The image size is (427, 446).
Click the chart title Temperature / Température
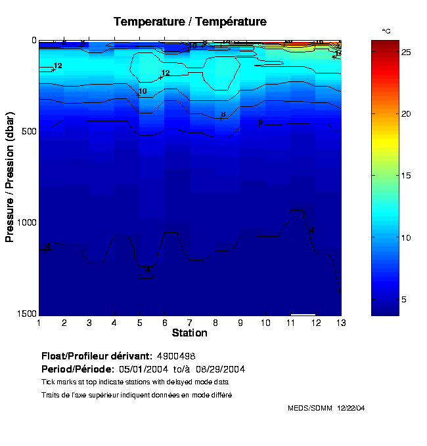click(190, 22)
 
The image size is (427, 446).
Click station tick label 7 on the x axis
click(190, 323)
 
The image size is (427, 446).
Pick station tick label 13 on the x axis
click(340, 323)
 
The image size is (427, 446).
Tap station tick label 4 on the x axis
click(114, 323)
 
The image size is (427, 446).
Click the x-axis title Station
click(189, 333)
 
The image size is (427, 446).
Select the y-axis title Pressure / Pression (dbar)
click(10, 176)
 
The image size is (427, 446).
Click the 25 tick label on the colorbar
click(406, 51)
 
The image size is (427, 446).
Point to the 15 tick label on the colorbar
click(406, 175)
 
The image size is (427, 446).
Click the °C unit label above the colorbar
click(386, 31)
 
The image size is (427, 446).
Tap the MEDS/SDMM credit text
click(326, 408)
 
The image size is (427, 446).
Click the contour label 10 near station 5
click(143, 91)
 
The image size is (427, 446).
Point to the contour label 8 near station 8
click(223, 115)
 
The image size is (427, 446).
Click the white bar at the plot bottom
click(303, 314)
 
